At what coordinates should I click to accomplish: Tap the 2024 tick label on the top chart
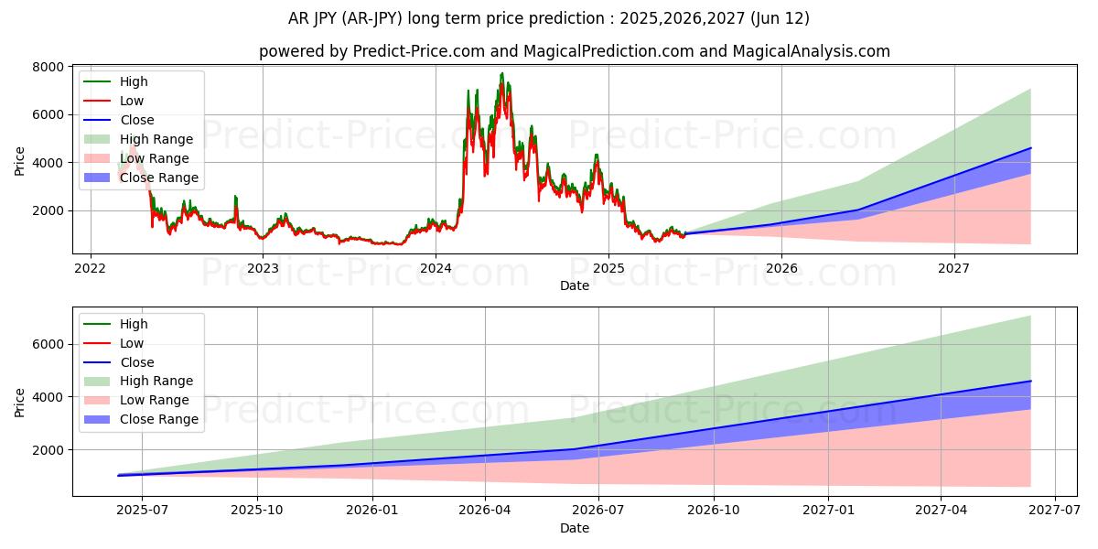pyautogui.click(x=436, y=268)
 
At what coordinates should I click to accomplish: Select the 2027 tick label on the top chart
pyautogui.click(x=954, y=268)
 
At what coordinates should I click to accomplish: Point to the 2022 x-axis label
pyautogui.click(x=90, y=268)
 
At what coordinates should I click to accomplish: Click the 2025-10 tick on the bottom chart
pyautogui.click(x=257, y=511)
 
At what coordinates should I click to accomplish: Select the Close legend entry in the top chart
pyautogui.click(x=137, y=120)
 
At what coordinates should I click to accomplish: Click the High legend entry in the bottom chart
pyautogui.click(x=134, y=324)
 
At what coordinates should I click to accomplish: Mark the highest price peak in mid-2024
pyautogui.click(x=501, y=73)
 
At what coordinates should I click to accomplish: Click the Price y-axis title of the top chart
pyautogui.click(x=20, y=161)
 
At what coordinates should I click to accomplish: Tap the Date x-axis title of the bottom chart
pyautogui.click(x=575, y=528)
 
